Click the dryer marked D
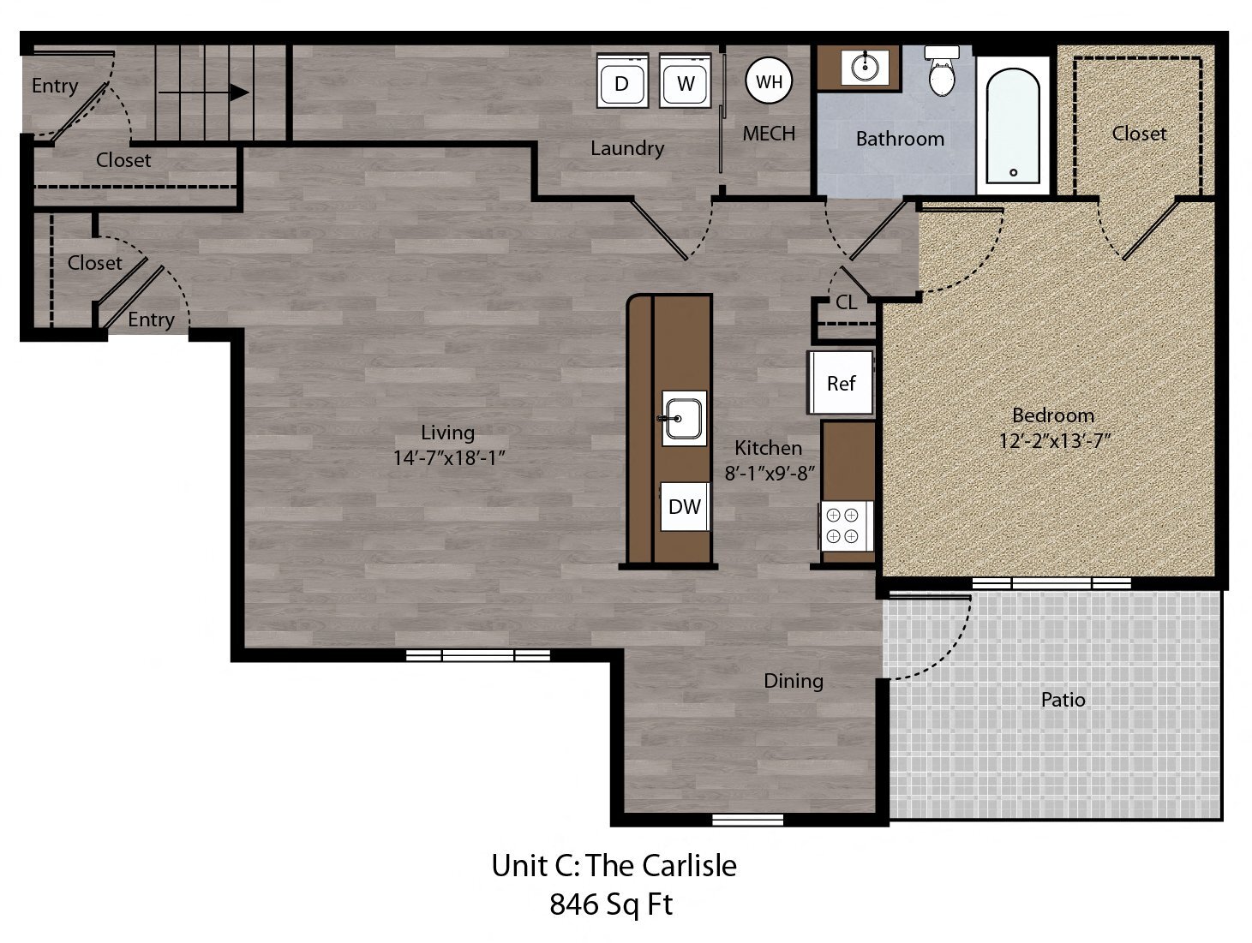621,82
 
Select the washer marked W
686,82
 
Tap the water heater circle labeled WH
769,81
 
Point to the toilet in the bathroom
943,72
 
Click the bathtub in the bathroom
1013,124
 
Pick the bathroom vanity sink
865,65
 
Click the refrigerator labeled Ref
841,383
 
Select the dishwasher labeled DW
684,506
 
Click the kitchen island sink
684,418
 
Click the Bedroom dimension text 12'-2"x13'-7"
1054,441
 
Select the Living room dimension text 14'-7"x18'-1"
447,457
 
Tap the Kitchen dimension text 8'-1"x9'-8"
769,472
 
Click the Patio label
1063,700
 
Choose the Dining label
794,681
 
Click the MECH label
769,134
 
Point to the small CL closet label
846,302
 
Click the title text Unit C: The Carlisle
614,865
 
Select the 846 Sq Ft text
611,904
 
